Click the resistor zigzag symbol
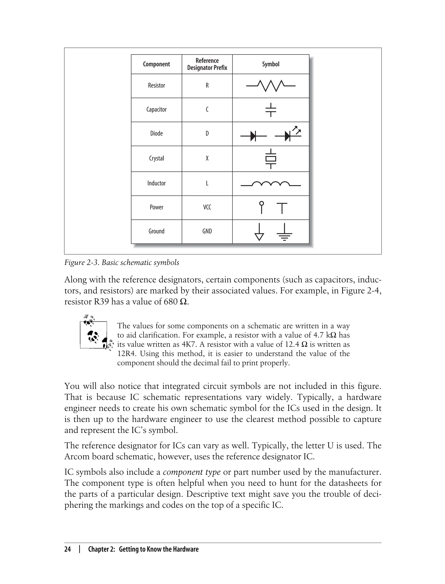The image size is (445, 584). click(x=271, y=86)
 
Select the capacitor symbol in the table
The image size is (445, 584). click(x=271, y=110)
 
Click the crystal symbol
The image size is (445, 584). click(x=271, y=159)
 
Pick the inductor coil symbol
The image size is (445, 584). click(x=271, y=184)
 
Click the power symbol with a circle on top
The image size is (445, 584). click(x=261, y=208)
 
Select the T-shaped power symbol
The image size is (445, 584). click(x=282, y=208)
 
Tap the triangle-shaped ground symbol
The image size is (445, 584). click(x=259, y=232)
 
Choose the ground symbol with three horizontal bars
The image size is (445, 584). click(x=284, y=232)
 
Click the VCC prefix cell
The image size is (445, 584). click(x=207, y=207)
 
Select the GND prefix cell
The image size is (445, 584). click(x=207, y=231)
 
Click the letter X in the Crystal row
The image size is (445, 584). click(x=207, y=158)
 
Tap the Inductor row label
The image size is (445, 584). click(x=156, y=183)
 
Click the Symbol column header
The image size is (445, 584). click(x=271, y=64)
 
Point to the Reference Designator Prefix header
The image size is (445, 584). click(x=207, y=64)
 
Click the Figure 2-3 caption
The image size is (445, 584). click(x=122, y=263)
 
